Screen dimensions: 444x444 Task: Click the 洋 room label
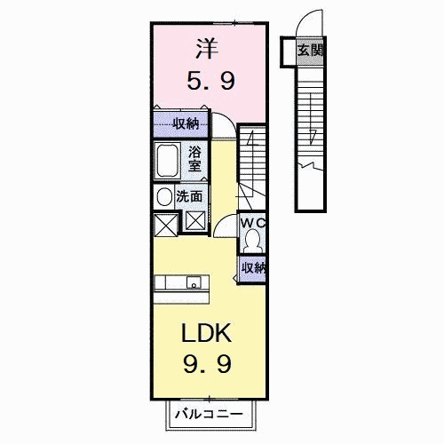pyautogui.click(x=207, y=49)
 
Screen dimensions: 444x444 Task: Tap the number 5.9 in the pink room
pyautogui.click(x=211, y=81)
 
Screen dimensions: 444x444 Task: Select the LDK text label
pyautogui.click(x=206, y=333)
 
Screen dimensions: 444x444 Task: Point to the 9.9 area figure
pyautogui.click(x=207, y=364)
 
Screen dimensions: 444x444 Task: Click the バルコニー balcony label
pyautogui.click(x=209, y=414)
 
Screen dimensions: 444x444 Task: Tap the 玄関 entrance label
pyautogui.click(x=310, y=51)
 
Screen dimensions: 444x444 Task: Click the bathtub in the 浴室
pyautogui.click(x=167, y=161)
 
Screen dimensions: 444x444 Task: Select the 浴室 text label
pyautogui.click(x=194, y=159)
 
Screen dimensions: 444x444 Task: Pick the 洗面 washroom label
pyautogui.click(x=189, y=196)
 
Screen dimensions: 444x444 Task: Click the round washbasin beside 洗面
pyautogui.click(x=164, y=197)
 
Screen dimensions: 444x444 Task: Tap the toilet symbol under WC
pyautogui.click(x=252, y=241)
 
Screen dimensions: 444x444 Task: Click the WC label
pyautogui.click(x=252, y=223)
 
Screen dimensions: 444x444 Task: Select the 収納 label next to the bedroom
pyautogui.click(x=186, y=123)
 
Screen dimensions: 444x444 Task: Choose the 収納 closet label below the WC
pyautogui.click(x=253, y=268)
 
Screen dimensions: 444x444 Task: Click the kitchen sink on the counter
pyautogui.click(x=194, y=282)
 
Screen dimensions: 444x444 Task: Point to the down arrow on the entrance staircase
pyautogui.click(x=311, y=119)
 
